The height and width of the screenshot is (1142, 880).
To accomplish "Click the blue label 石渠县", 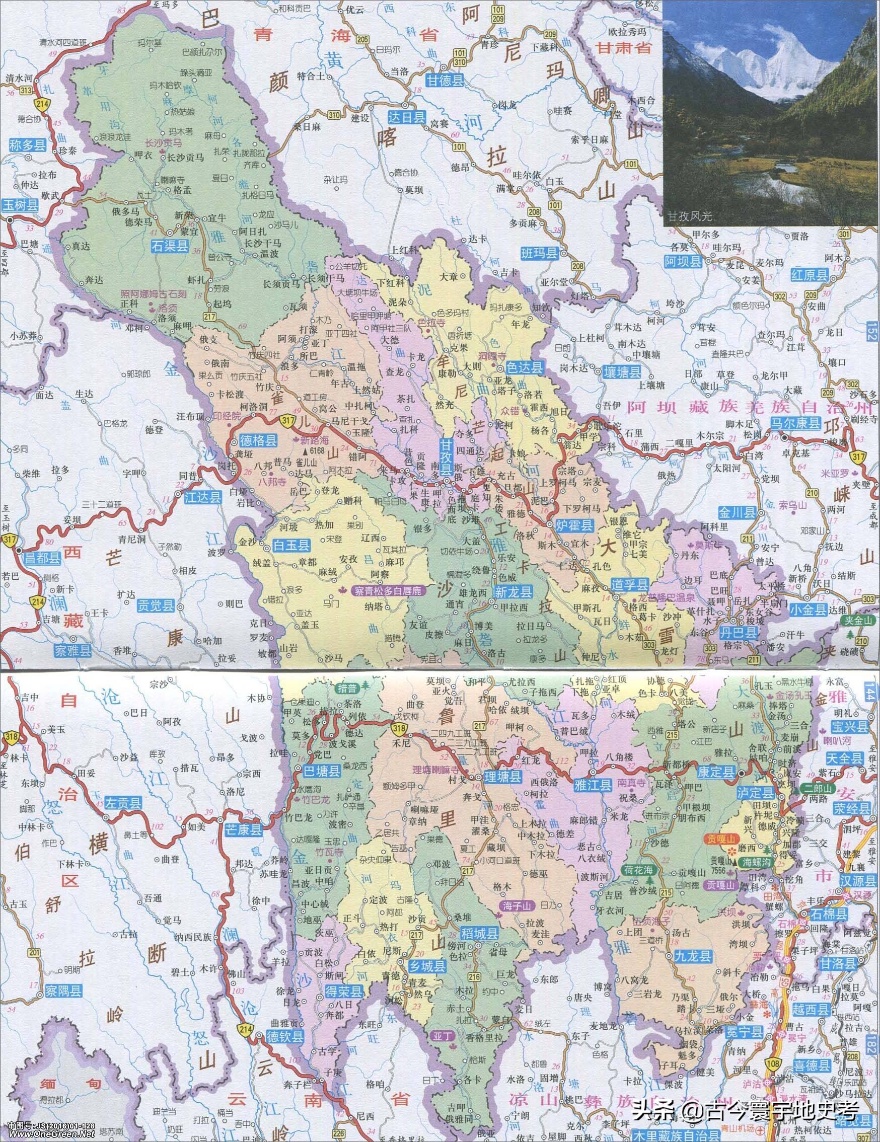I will pos(171,246).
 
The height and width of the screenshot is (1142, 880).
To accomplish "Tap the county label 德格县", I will pos(258,440).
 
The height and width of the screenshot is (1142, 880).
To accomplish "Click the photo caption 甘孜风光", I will pos(689,215).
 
